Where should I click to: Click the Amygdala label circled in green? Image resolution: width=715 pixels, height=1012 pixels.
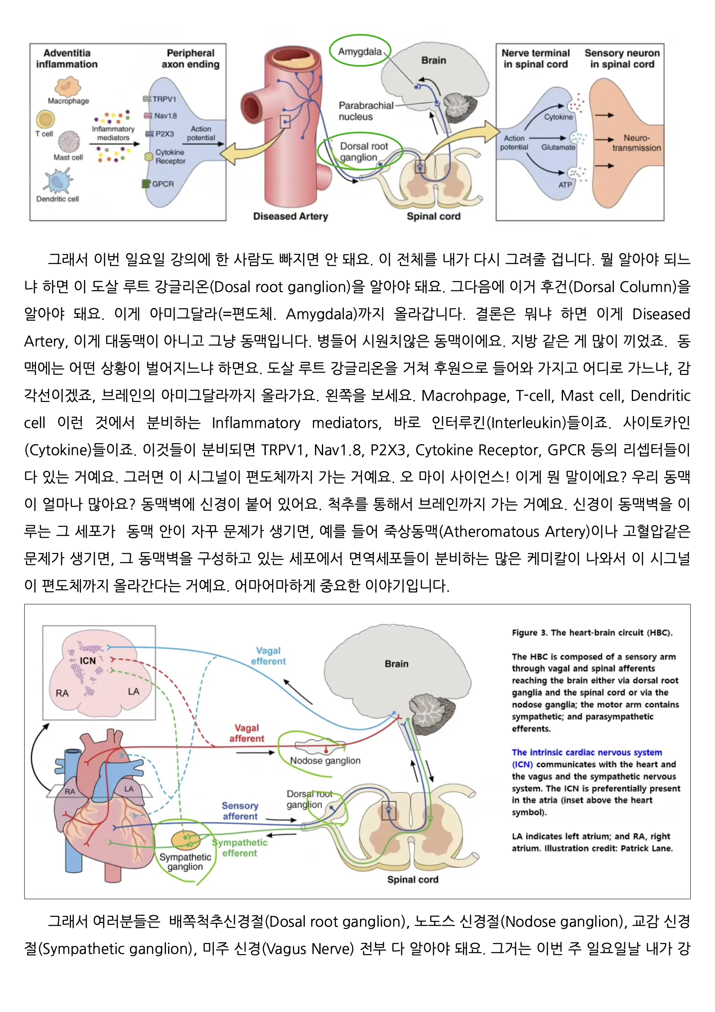(x=360, y=51)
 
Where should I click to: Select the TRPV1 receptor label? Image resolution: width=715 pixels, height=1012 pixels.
(x=164, y=99)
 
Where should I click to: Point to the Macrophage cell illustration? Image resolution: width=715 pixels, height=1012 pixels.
(x=68, y=86)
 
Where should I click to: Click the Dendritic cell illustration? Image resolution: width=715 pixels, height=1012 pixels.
(x=58, y=181)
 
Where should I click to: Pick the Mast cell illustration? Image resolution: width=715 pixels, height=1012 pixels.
(x=69, y=141)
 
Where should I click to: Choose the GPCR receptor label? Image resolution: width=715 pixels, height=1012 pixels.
(x=163, y=184)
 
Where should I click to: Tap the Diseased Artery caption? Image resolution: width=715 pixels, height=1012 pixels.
(x=290, y=216)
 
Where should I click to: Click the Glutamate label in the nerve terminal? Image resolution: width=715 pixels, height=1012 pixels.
(x=558, y=147)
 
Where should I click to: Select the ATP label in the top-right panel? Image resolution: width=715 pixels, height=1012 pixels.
(x=565, y=185)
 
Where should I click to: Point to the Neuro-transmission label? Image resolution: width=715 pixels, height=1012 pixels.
(x=636, y=143)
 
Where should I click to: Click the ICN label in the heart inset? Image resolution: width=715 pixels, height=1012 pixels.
(x=87, y=660)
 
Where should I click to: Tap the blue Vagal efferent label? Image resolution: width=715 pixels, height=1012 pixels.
(x=268, y=656)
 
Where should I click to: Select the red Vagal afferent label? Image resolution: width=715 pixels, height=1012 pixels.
(x=247, y=733)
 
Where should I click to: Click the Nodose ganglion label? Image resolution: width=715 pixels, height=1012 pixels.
(x=325, y=760)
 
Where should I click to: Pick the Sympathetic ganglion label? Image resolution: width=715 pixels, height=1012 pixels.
(x=185, y=862)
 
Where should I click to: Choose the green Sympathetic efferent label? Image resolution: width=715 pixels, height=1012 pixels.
(x=240, y=848)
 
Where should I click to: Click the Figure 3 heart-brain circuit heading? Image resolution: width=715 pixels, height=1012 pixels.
(x=591, y=633)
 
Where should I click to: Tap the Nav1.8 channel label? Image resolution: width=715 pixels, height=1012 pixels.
(x=165, y=116)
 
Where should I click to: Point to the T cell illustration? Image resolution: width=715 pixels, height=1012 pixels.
(x=45, y=119)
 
